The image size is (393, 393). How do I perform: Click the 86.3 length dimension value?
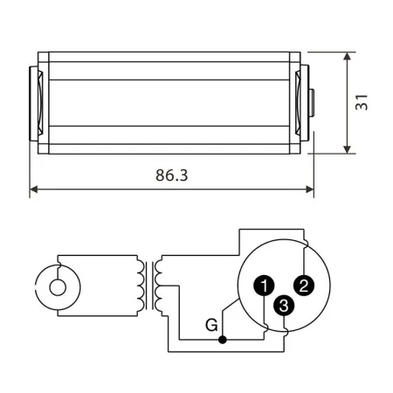(173, 175)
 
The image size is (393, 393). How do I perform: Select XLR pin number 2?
(304, 284)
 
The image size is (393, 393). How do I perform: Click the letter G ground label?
(210, 327)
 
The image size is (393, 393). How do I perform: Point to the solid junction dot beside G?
(224, 338)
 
